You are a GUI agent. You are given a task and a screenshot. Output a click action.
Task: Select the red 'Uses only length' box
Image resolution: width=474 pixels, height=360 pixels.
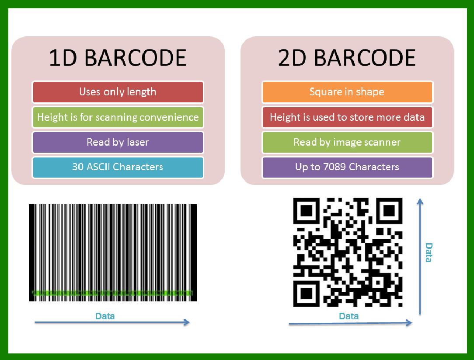click(118, 92)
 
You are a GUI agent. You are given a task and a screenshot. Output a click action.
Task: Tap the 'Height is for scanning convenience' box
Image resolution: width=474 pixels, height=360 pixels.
click(118, 117)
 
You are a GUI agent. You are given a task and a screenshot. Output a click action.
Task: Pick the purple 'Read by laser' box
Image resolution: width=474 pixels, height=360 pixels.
click(118, 142)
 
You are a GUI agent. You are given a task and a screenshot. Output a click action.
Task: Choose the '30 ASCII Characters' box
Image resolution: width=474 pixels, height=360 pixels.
click(118, 167)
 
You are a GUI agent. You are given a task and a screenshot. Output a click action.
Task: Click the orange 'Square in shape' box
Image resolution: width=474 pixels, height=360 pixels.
click(347, 92)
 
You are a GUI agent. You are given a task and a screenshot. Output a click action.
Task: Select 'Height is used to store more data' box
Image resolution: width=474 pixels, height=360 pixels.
click(347, 117)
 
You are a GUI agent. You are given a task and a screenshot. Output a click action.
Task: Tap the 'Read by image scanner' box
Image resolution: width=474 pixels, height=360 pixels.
click(347, 142)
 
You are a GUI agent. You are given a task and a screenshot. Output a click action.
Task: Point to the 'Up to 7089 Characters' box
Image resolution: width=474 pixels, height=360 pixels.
click(347, 167)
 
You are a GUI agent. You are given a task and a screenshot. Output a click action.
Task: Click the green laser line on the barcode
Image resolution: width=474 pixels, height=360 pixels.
click(112, 293)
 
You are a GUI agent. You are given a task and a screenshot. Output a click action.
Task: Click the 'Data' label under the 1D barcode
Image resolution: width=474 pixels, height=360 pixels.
click(105, 316)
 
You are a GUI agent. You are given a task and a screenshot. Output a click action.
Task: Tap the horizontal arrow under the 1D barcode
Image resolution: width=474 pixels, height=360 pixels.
click(112, 323)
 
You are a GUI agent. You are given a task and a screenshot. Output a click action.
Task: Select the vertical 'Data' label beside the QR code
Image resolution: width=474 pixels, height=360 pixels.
click(429, 252)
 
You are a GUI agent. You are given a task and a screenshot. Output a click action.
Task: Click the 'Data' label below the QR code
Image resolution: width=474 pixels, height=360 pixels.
click(349, 316)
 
